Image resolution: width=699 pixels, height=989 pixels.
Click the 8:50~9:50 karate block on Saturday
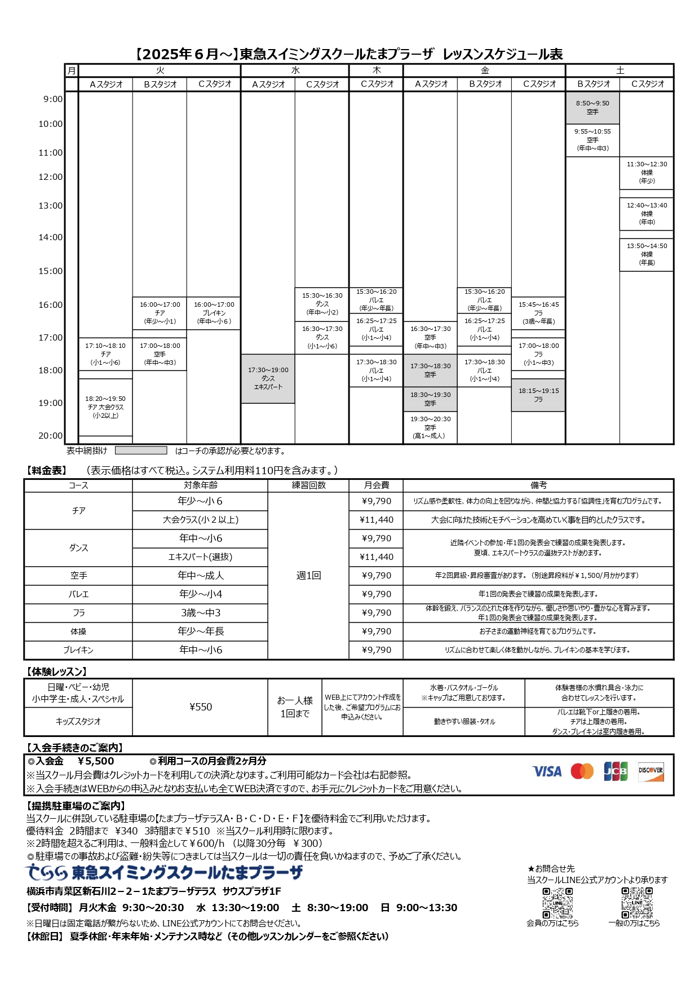[592, 108]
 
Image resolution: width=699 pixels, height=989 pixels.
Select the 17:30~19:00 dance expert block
[268, 378]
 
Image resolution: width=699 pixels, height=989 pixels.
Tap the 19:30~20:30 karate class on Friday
[430, 427]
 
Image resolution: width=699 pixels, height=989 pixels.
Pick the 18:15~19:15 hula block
[538, 395]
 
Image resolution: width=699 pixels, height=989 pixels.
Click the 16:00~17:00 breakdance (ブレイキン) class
[214, 313]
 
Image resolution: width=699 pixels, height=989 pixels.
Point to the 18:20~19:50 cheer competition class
[105, 407]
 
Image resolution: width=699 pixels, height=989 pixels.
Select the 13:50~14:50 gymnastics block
[647, 254]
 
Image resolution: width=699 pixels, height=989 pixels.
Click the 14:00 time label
[51, 237]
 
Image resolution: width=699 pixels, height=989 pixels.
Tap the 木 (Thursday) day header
[377, 70]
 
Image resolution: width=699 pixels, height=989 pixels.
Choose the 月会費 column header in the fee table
[377, 485]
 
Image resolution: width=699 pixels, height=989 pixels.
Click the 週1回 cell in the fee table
[308, 576]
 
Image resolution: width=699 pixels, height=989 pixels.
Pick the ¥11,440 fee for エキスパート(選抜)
[377, 557]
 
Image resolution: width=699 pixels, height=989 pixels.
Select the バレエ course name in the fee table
[78, 594]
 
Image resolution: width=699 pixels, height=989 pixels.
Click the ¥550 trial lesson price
[200, 707]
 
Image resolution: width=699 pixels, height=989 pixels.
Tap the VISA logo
[547, 771]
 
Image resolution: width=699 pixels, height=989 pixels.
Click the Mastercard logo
[582, 771]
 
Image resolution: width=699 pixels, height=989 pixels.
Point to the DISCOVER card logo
[651, 771]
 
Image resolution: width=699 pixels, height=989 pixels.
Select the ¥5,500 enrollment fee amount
[96, 761]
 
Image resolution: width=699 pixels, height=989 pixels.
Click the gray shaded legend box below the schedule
[141, 451]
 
